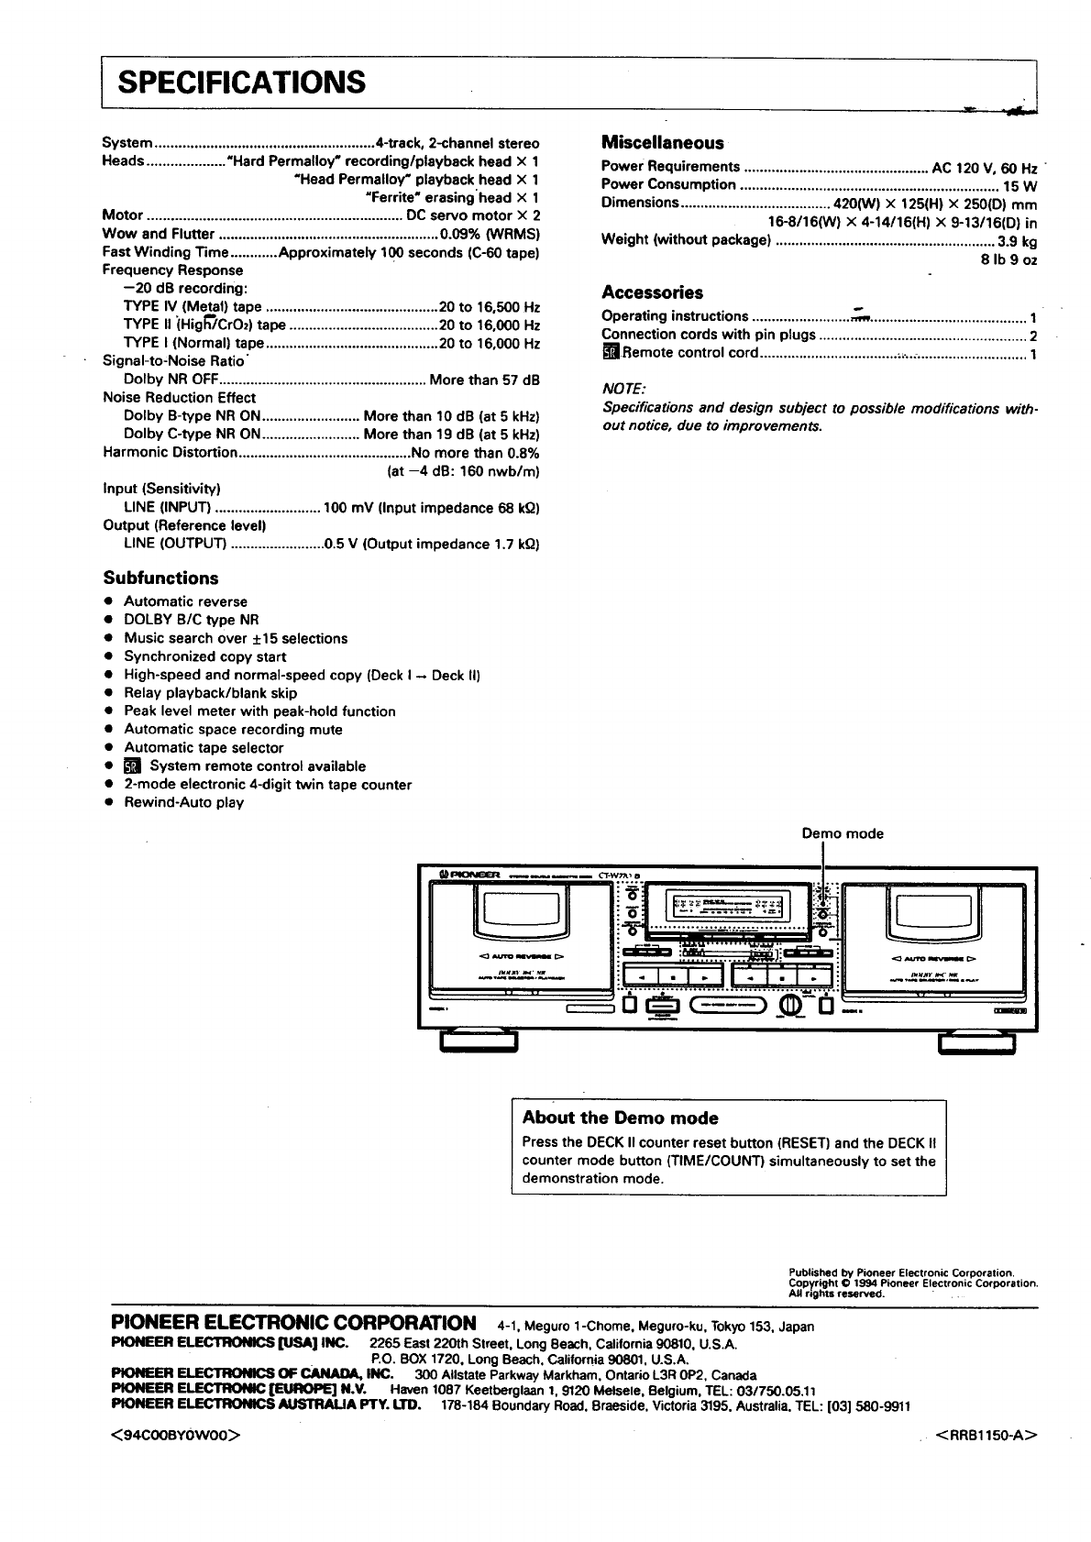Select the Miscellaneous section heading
coord(662,143)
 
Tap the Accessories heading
coord(652,293)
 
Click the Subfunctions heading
coord(160,578)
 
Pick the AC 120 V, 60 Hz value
coord(984,168)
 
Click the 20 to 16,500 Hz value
coord(490,307)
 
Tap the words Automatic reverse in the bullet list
coord(185,602)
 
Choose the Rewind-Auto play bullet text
coord(183,803)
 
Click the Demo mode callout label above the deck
coord(843,834)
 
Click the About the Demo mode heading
coord(620,1118)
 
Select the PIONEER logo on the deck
coord(469,876)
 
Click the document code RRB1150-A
coord(987,1436)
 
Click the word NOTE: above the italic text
coord(624,390)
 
